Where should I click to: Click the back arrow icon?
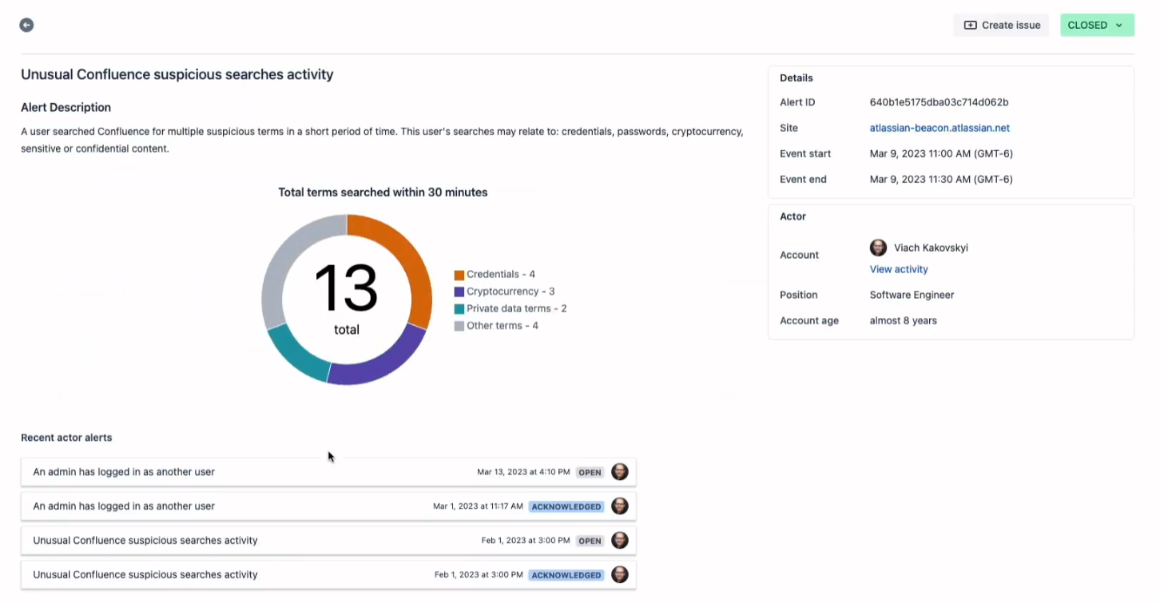pyautogui.click(x=26, y=25)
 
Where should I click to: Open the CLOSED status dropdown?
pyautogui.click(x=1096, y=25)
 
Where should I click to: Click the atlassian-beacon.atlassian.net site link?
pyautogui.click(x=940, y=128)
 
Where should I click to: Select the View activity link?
pyautogui.click(x=898, y=269)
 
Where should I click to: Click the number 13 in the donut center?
pyautogui.click(x=346, y=288)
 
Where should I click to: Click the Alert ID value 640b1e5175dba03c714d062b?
pyautogui.click(x=939, y=102)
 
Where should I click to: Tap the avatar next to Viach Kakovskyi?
pyautogui.click(x=878, y=248)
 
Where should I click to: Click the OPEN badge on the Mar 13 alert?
pyautogui.click(x=590, y=472)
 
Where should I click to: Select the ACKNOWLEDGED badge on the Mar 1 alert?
pyautogui.click(x=566, y=506)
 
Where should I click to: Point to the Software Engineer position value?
pyautogui.click(x=912, y=295)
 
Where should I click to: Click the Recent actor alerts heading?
pyautogui.click(x=66, y=438)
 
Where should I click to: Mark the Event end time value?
pyautogui.click(x=940, y=179)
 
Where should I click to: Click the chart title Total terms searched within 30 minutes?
pyautogui.click(x=383, y=192)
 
